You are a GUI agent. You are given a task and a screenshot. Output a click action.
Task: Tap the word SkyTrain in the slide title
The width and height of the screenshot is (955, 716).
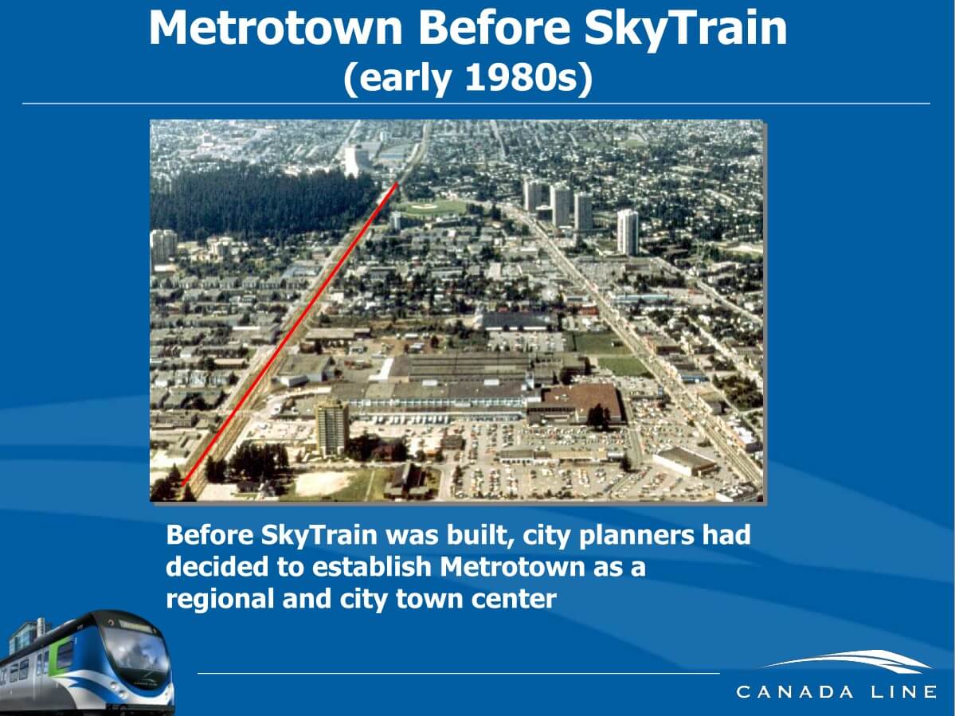click(685, 29)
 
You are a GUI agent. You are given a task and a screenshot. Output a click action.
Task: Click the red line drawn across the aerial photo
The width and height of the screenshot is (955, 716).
click(290, 334)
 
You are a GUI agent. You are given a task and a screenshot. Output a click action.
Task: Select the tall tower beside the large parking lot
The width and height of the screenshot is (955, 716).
click(333, 428)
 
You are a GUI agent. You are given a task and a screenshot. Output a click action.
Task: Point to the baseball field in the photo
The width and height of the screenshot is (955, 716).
click(430, 208)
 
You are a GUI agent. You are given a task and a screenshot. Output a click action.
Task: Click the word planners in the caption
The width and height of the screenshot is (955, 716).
click(636, 536)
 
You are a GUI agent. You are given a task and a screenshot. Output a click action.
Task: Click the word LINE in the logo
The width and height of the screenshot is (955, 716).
click(903, 691)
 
